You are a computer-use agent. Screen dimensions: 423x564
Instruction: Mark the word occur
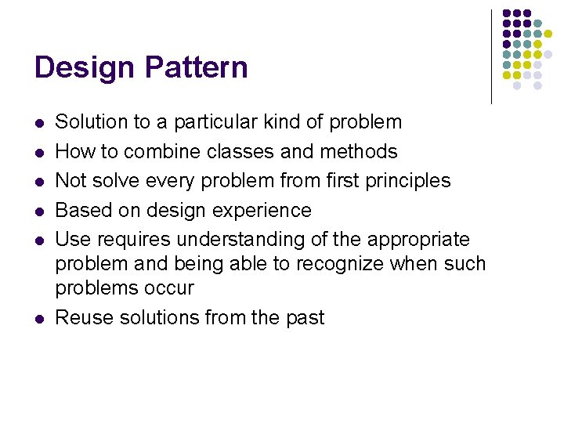tap(169, 288)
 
